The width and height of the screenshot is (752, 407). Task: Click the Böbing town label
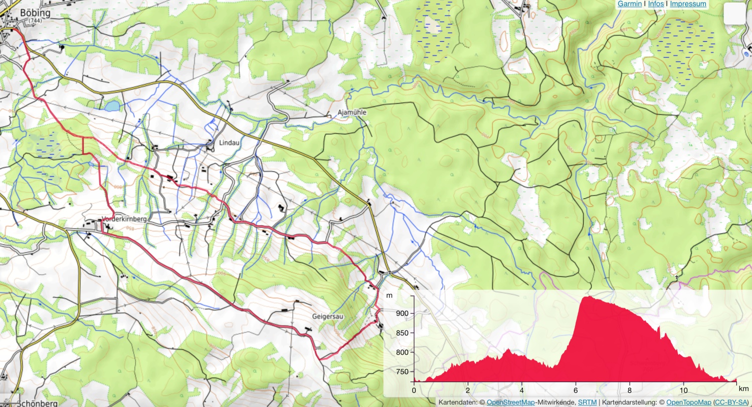pyautogui.click(x=35, y=13)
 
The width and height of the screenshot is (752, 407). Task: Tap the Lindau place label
pyautogui.click(x=229, y=143)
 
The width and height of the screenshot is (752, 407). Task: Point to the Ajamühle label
pyautogui.click(x=352, y=112)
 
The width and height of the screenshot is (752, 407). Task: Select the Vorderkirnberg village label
pyautogui.click(x=124, y=219)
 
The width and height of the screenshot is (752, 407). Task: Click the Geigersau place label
pyautogui.click(x=327, y=316)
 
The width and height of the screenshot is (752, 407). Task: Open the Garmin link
pyautogui.click(x=629, y=4)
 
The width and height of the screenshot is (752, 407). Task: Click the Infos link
pyautogui.click(x=656, y=4)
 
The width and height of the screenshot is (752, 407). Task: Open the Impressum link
pyautogui.click(x=688, y=4)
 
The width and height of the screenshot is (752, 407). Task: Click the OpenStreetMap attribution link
pyautogui.click(x=510, y=402)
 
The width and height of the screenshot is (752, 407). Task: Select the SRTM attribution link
pyautogui.click(x=587, y=402)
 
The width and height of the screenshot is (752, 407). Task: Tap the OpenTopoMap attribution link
pyautogui.click(x=688, y=402)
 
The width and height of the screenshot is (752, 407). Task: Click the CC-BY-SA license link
pyautogui.click(x=730, y=402)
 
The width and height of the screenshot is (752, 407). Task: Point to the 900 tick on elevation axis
pyautogui.click(x=402, y=313)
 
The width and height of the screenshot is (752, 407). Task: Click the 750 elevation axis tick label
pyautogui.click(x=402, y=371)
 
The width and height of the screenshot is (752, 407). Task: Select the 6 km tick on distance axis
pyautogui.click(x=576, y=390)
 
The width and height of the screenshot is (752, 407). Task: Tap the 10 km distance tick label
pyautogui.click(x=683, y=390)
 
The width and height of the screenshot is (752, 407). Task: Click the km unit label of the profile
pyautogui.click(x=743, y=388)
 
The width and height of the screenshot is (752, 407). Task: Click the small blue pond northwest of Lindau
pyautogui.click(x=112, y=106)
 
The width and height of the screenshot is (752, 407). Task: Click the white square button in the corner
pyautogui.click(x=735, y=14)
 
